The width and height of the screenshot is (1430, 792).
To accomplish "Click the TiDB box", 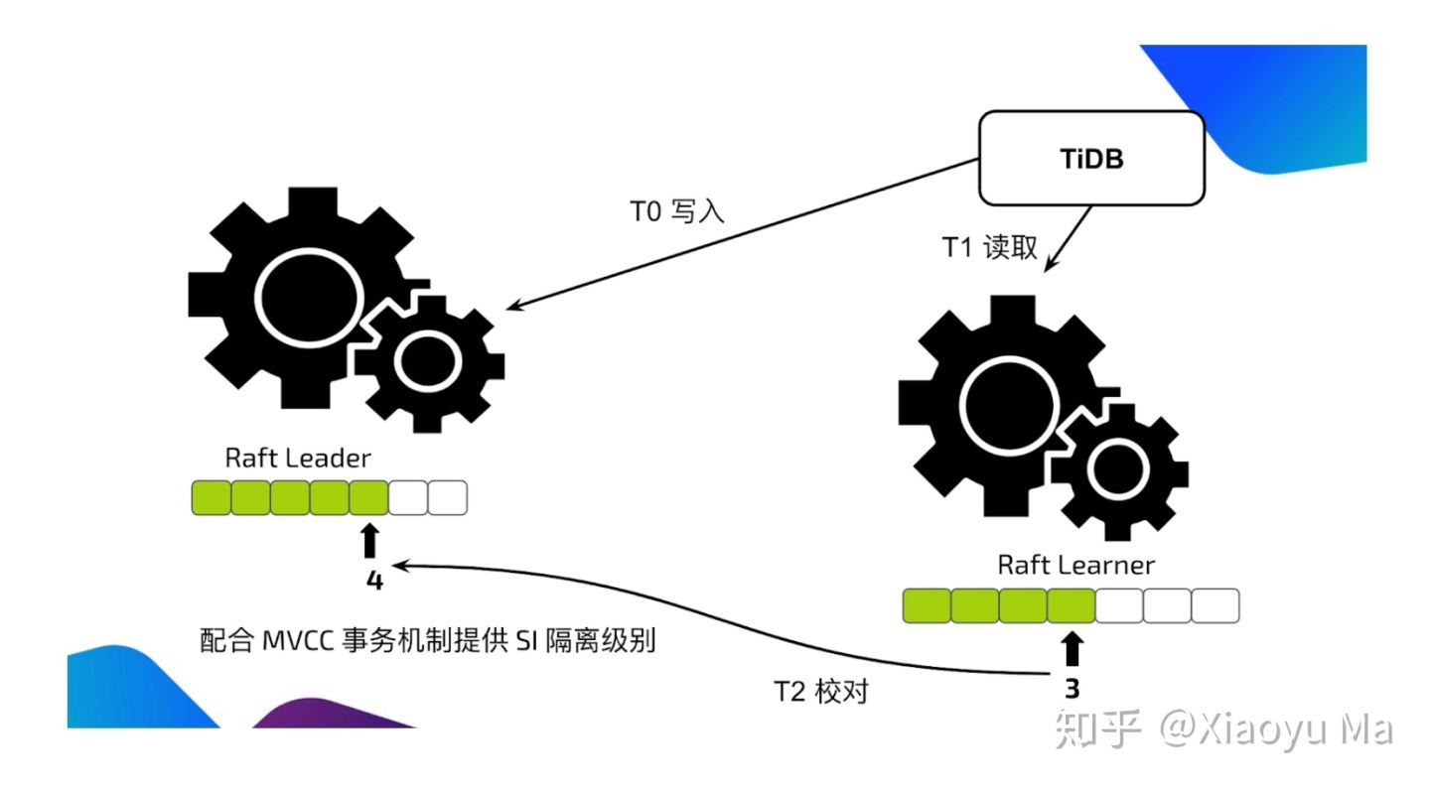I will tap(1091, 158).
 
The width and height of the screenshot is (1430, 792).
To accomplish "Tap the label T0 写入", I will tap(677, 210).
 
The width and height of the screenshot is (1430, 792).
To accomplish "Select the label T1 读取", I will tap(989, 248).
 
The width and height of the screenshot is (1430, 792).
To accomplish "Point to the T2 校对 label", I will tap(821, 692).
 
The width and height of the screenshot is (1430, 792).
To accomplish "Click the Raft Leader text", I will tap(297, 458).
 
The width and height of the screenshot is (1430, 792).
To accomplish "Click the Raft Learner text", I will tap(1075, 565).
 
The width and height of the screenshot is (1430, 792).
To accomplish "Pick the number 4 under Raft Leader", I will tap(374, 580).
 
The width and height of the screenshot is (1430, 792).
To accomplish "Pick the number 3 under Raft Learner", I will tap(1072, 688).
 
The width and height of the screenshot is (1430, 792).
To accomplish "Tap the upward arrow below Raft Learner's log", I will tap(1072, 649).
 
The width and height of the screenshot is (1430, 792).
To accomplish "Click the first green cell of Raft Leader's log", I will tap(211, 497).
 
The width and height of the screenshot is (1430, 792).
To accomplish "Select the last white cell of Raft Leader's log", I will tap(447, 497).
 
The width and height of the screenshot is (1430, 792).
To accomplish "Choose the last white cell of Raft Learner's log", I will tap(1215, 605).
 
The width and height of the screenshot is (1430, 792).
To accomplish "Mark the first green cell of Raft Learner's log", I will tap(926, 605).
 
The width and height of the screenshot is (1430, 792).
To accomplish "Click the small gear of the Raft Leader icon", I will tap(430, 361).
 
